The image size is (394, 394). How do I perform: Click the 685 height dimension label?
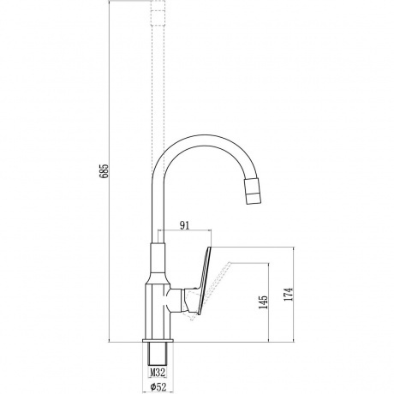click(104, 170)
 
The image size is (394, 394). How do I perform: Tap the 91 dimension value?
click(184, 225)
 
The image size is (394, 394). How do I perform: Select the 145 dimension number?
click(263, 301)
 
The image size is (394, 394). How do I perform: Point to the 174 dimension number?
click(289, 294)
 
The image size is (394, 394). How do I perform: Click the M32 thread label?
click(158, 372)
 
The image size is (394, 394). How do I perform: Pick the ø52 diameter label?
click(158, 387)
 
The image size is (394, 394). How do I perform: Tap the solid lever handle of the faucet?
click(203, 281)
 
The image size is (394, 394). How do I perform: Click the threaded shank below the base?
click(158, 354)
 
